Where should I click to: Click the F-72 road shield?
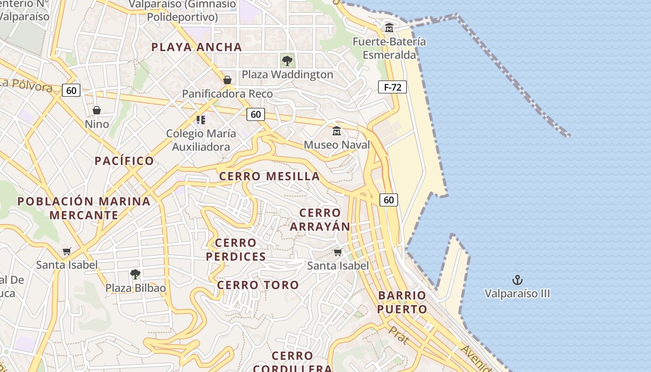[x=392, y=87]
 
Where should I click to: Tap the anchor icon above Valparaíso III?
[x=517, y=280]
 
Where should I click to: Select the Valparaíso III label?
[x=517, y=294]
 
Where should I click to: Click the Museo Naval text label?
[x=337, y=145]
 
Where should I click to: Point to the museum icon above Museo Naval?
[x=337, y=131]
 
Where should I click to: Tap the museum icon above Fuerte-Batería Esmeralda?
[x=389, y=28]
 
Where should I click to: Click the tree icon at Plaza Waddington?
[x=287, y=60]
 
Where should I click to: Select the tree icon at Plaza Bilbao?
[x=135, y=274]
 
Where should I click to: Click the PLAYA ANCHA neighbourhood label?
[x=197, y=47]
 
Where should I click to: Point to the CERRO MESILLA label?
[x=269, y=176]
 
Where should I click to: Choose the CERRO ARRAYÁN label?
[x=320, y=219]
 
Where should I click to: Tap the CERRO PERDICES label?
[x=236, y=250]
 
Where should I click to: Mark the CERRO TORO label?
[x=258, y=285]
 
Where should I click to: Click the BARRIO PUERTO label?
[x=402, y=302]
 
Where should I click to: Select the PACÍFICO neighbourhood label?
[x=124, y=161]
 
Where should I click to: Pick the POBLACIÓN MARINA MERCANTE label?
[x=84, y=208]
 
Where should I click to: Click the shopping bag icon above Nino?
[x=97, y=110]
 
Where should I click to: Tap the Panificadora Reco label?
[x=227, y=94]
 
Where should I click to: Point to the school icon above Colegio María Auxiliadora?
[x=201, y=120]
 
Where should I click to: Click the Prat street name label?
[x=399, y=335]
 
